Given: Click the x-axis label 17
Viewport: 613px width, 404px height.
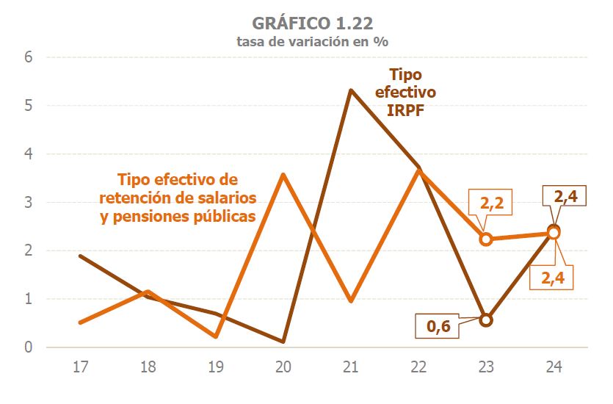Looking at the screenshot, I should pyautogui.click(x=80, y=365).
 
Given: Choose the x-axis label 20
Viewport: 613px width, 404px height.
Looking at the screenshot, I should pyautogui.click(x=283, y=365).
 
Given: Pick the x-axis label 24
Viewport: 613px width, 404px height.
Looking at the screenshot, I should pyautogui.click(x=554, y=365).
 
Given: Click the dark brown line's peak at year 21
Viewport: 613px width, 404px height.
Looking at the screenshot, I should pyautogui.click(x=351, y=90).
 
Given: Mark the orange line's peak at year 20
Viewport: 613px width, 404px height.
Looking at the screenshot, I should pyautogui.click(x=283, y=175).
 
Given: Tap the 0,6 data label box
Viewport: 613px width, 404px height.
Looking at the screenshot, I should pyautogui.click(x=438, y=325).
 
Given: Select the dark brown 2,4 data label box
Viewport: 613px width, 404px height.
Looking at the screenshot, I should pyautogui.click(x=564, y=197).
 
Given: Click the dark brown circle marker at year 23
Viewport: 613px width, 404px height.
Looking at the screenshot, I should pyautogui.click(x=486, y=320).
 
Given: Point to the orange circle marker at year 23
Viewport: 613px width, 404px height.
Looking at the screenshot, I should pyautogui.click(x=486, y=239).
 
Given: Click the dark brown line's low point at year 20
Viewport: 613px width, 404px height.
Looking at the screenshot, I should pyautogui.click(x=283, y=342).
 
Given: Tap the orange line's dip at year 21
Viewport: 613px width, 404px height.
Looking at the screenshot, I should pyautogui.click(x=351, y=300).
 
